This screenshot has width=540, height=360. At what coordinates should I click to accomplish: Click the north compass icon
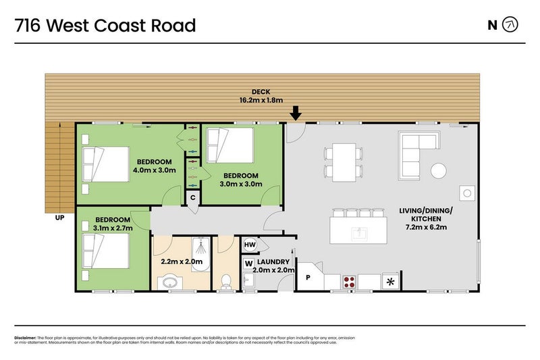pos(511,25)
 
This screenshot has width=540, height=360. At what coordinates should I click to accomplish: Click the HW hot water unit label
pos(249,245)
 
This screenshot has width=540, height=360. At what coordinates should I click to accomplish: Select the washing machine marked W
pos(248,263)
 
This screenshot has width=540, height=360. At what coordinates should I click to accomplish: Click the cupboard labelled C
pos(192,198)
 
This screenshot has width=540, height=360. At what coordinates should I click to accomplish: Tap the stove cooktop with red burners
pos(350,282)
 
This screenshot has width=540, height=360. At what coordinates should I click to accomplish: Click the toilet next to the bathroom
pos(227,282)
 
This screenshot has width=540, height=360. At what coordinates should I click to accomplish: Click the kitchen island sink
pos(358,234)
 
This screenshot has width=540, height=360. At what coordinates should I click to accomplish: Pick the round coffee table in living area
pos(439,170)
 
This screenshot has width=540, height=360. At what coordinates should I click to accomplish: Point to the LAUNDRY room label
pos(277,261)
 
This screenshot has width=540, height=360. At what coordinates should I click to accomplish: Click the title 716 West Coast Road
pos(105,26)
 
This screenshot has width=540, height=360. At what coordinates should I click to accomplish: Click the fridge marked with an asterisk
pos(389,281)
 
